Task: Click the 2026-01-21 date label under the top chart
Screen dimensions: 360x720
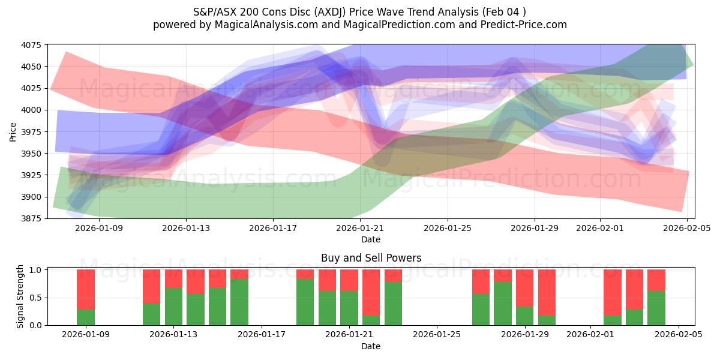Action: click(360, 228)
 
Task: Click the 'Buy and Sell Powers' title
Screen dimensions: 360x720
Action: click(371, 258)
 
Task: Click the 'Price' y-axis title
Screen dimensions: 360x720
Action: click(13, 131)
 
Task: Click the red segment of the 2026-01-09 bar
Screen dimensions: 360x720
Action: click(86, 289)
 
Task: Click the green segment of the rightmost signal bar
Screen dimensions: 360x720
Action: click(656, 308)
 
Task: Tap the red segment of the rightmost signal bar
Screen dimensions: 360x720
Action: click(656, 280)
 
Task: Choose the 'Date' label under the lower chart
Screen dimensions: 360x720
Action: click(371, 346)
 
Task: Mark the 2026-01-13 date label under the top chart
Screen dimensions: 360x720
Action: click(185, 228)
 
